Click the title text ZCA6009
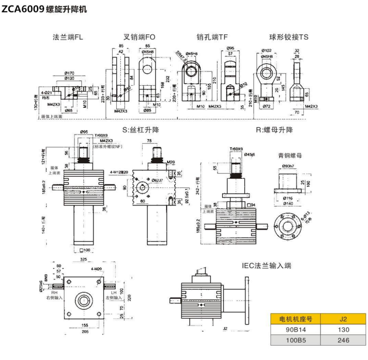(23, 9)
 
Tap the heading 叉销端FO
(139, 37)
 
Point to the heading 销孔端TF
(212, 37)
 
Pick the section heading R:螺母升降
(274, 130)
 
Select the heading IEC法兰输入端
(267, 266)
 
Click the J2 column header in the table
(343, 318)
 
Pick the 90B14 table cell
(295, 329)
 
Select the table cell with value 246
(343, 340)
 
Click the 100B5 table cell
(295, 340)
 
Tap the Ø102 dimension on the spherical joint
(267, 50)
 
